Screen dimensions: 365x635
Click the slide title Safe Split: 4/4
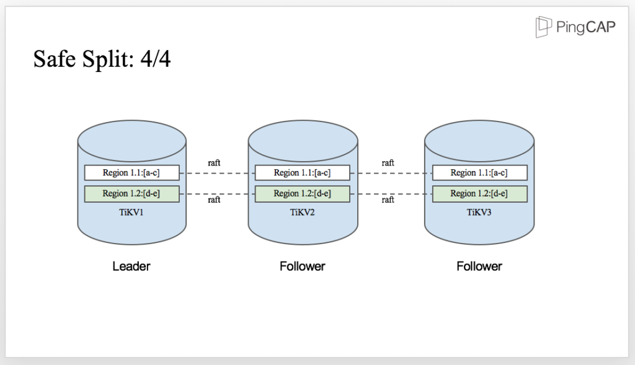[x=102, y=60]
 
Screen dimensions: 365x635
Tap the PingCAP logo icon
[x=544, y=27]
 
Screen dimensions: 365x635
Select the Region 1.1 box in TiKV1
[x=131, y=173]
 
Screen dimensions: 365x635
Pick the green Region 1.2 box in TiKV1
[x=131, y=193]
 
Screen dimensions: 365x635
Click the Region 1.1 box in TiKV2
[x=302, y=173]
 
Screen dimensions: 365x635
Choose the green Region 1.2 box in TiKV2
[x=302, y=193]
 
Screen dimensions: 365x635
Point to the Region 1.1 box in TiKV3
[x=479, y=173]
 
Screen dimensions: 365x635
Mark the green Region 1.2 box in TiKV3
[x=479, y=193]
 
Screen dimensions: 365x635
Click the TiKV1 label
[x=131, y=212]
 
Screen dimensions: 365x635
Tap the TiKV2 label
[x=302, y=212]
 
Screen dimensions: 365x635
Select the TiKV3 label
[x=479, y=212]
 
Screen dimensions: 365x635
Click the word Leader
[x=131, y=266]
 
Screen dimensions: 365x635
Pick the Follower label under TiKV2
[x=302, y=266]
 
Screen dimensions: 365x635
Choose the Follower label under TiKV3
[x=479, y=266]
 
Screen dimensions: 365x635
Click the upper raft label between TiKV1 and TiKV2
[x=214, y=163]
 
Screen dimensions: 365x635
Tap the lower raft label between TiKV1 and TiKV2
[x=214, y=200]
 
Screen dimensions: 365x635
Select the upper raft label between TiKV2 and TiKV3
[x=388, y=163]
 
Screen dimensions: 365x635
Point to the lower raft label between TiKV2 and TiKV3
[x=388, y=200]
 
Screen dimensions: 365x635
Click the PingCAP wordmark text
[x=585, y=28]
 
